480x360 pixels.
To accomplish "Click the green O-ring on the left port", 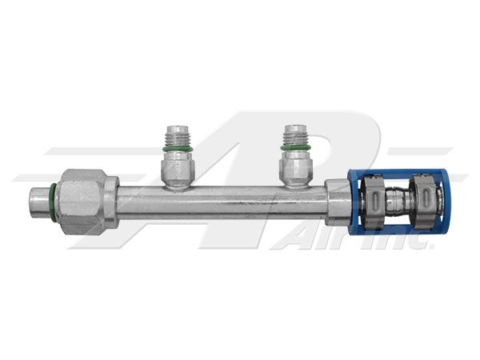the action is coord(178,149).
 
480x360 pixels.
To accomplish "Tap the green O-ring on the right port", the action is coord(295,149).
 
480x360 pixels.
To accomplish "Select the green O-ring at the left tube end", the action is coord(53,202).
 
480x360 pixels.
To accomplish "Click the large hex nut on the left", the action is coord(82,202).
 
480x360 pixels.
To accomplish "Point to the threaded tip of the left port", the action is coord(178,136).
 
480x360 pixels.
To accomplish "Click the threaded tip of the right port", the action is coord(295,135).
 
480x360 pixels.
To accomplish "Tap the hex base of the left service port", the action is coord(178,168).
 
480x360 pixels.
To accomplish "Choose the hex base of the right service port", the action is coord(295,167).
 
